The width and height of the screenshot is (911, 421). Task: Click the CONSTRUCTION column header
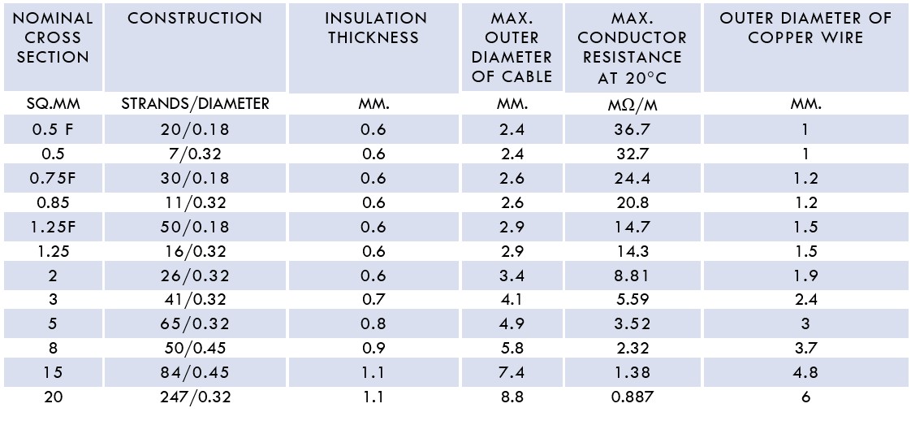click(x=195, y=18)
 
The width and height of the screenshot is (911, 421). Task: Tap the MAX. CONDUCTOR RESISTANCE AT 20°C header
click(x=633, y=48)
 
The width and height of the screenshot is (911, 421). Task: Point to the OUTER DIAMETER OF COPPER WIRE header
click(x=805, y=28)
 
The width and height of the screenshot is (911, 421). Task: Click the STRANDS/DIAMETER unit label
click(x=195, y=104)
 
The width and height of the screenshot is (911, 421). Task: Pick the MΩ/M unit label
click(x=633, y=105)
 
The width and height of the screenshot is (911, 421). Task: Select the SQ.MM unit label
click(x=52, y=104)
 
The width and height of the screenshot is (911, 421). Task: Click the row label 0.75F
click(x=52, y=178)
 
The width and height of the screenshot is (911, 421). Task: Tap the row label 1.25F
click(x=52, y=227)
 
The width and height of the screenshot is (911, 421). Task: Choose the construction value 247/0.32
click(x=195, y=397)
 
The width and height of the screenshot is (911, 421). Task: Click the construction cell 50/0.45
click(x=195, y=349)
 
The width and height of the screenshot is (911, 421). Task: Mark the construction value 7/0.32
click(x=195, y=154)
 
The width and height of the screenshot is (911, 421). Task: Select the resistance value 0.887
click(x=633, y=397)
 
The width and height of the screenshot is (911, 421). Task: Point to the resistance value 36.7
click(x=633, y=129)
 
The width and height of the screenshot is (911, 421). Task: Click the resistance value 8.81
click(x=633, y=276)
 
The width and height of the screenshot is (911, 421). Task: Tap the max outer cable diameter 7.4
click(x=512, y=373)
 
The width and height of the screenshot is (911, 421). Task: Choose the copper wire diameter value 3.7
click(x=805, y=349)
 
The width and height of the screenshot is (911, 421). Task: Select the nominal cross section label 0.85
click(x=52, y=202)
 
